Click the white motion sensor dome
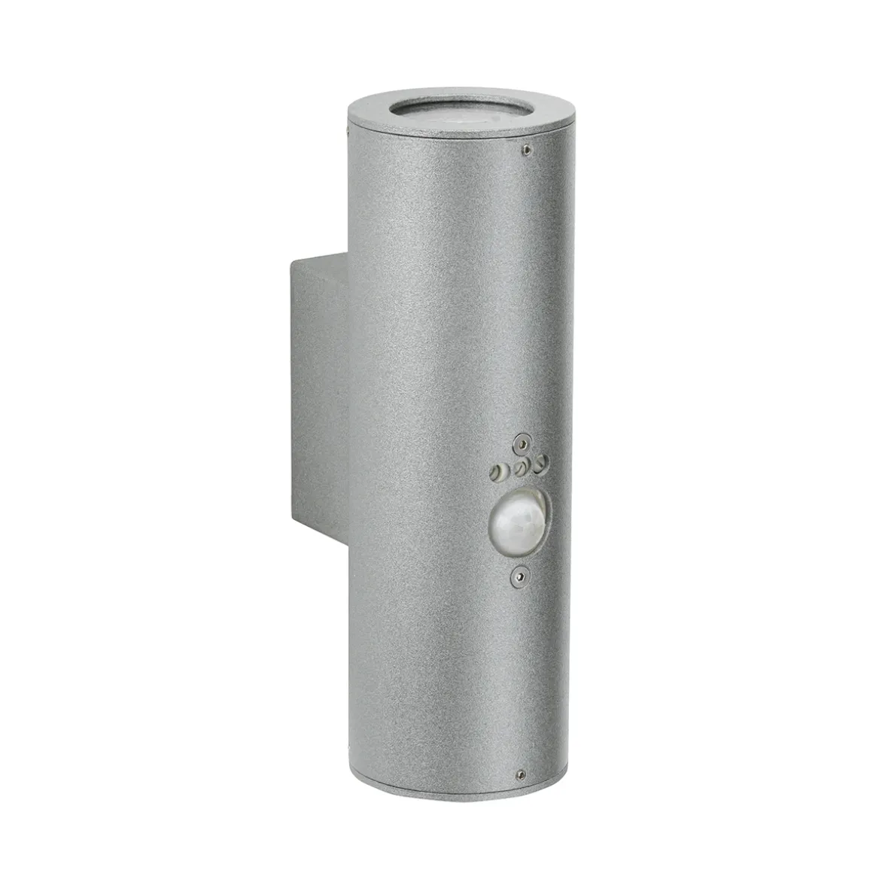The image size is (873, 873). pos(516,522)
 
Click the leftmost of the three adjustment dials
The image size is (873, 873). pos(496,473)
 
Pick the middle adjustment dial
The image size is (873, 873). pos(519,469)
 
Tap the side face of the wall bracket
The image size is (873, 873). pos(316,391)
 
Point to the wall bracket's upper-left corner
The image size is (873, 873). pos(289,260)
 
